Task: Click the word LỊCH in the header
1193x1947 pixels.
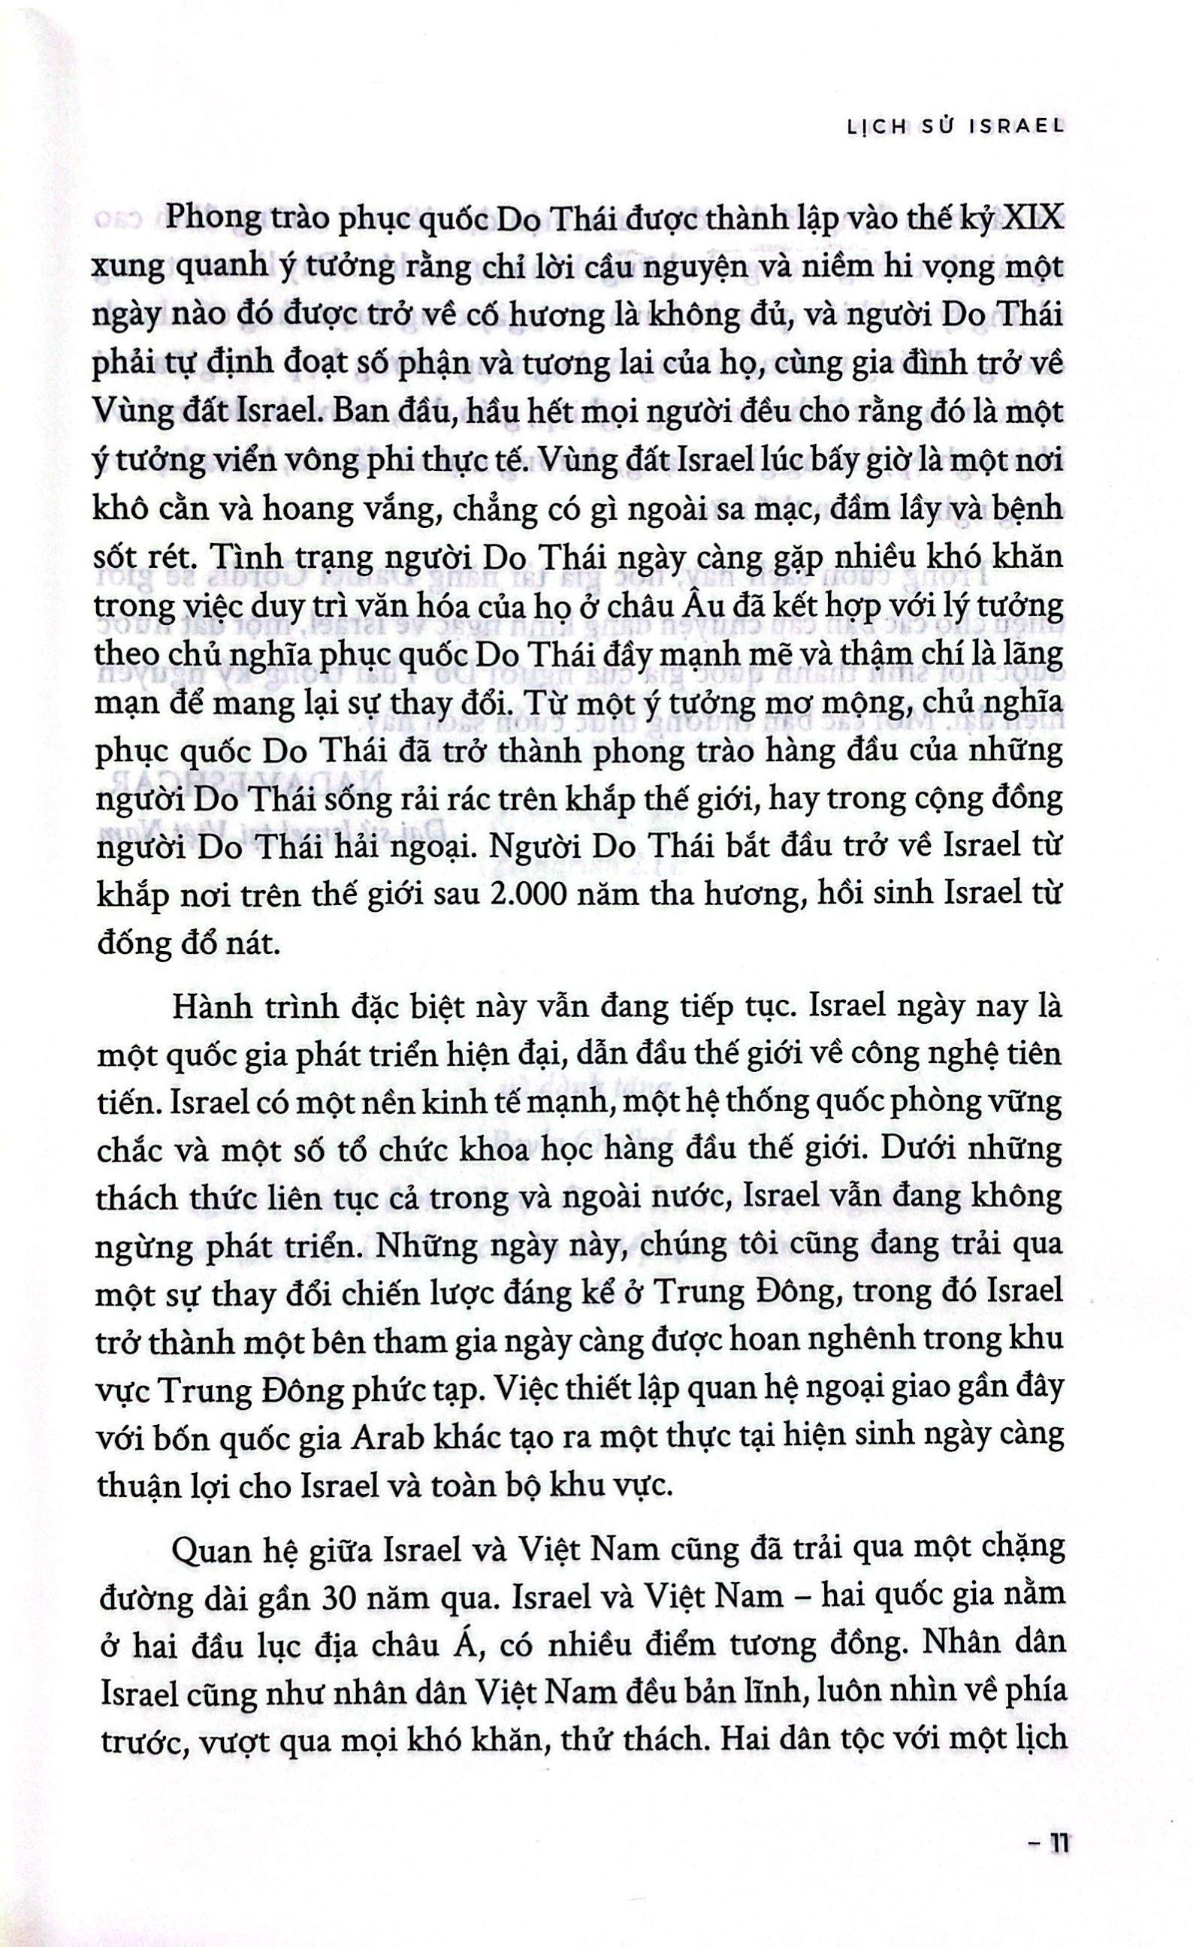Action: pos(862,127)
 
